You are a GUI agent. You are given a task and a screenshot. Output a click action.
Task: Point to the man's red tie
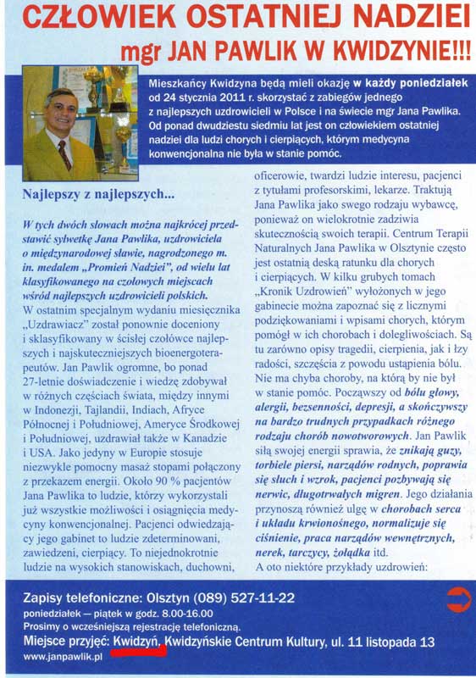click(64, 153)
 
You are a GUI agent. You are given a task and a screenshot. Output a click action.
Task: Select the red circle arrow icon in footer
click(457, 598)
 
